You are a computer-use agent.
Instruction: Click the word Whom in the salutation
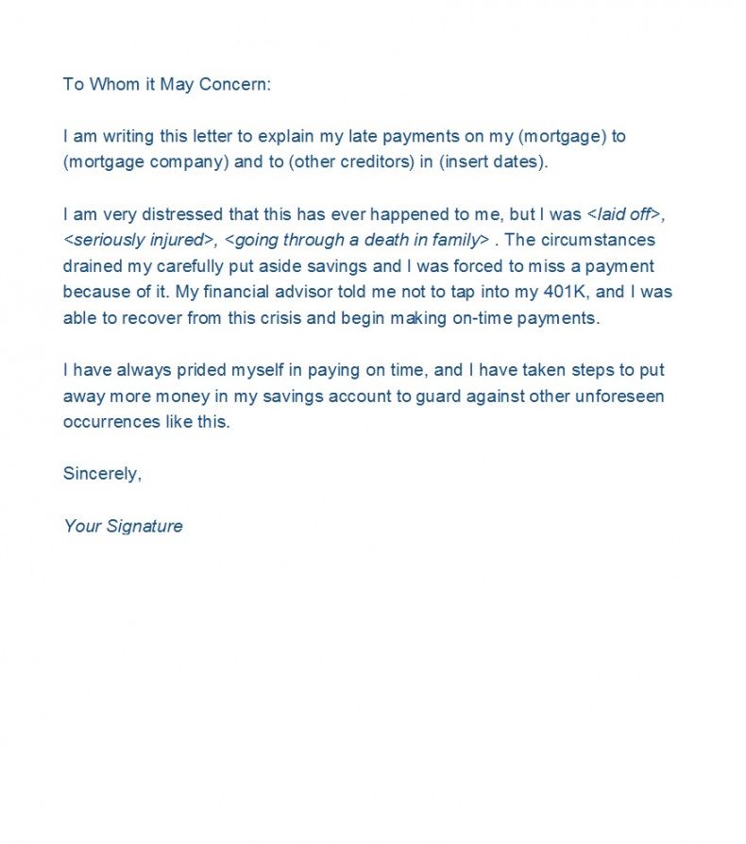coord(112,84)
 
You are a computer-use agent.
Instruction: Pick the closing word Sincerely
coord(102,473)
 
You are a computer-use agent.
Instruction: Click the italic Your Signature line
coord(123,526)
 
